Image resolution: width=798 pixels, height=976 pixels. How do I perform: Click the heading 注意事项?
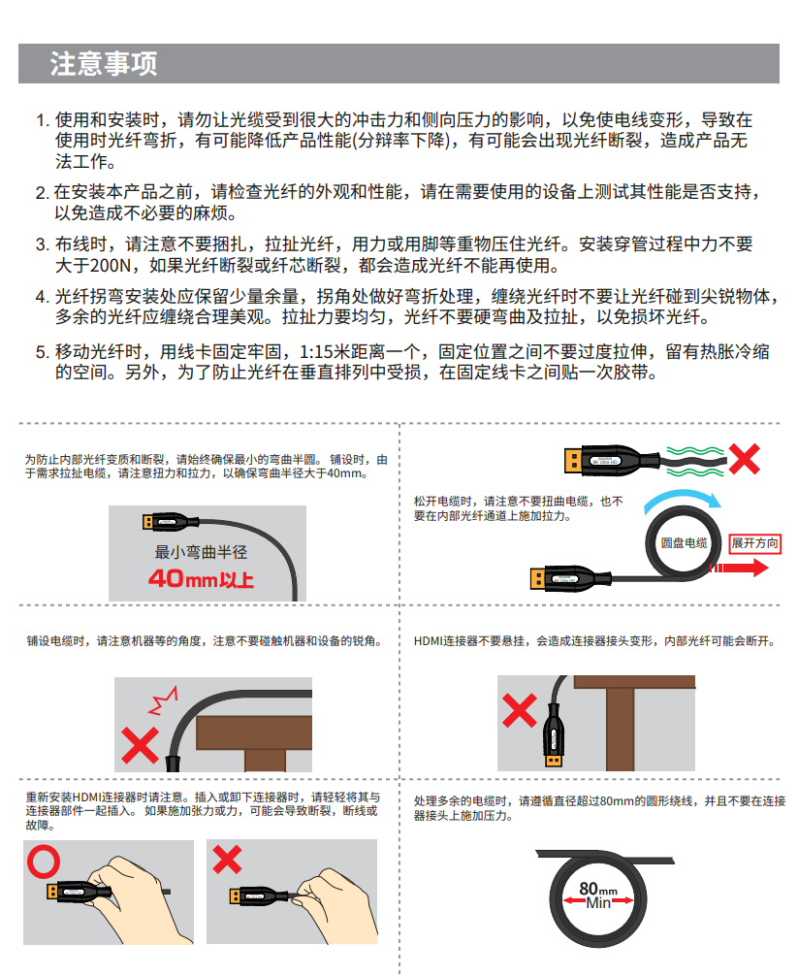(103, 63)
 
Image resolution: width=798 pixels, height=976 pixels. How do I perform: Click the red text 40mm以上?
(201, 579)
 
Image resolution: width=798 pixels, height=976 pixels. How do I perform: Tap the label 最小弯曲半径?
(201, 551)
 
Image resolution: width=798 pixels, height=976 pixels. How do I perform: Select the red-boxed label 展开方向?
(754, 543)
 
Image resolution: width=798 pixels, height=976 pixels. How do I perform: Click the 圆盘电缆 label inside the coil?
(684, 542)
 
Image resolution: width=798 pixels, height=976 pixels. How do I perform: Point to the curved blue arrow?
(682, 498)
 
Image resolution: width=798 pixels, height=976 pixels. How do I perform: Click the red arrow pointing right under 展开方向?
(739, 568)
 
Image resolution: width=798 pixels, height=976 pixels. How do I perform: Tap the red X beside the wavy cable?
(744, 459)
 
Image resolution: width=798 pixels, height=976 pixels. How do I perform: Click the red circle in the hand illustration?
(44, 862)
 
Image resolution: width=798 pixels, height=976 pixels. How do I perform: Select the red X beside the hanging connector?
(520, 710)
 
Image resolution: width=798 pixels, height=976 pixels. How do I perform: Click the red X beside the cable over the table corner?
(140, 746)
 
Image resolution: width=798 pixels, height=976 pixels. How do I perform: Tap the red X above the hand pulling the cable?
(227, 859)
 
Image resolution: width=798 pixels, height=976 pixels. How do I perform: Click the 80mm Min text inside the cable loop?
(597, 895)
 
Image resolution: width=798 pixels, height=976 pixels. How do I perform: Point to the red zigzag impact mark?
(163, 700)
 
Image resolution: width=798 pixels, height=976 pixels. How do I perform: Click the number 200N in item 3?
(111, 266)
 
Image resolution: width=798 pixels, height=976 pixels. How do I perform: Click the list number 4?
(42, 297)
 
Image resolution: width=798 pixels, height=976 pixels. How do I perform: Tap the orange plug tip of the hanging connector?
(554, 760)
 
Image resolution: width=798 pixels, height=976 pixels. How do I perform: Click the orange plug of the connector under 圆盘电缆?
(537, 578)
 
